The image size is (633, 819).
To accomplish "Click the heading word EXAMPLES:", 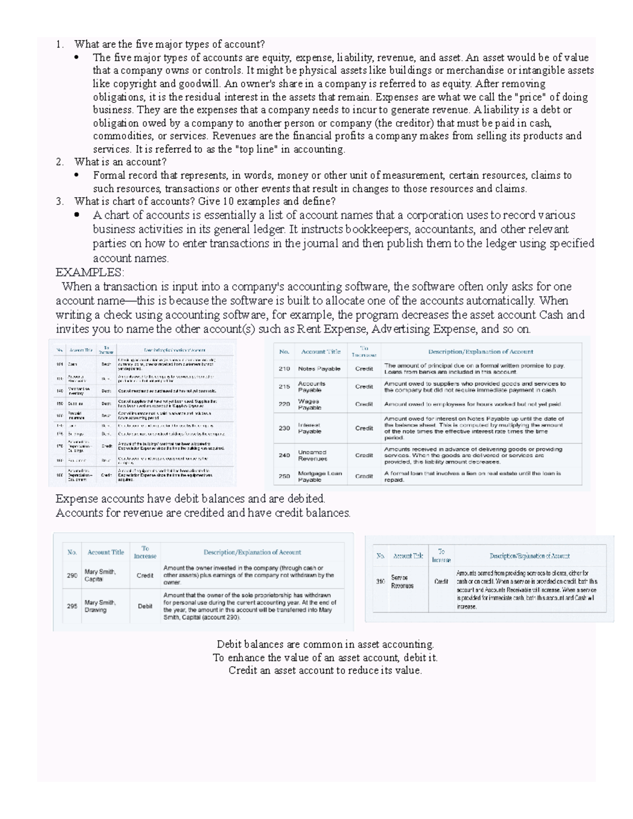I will pos(90,273).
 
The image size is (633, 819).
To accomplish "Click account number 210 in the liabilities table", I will pos(284,369).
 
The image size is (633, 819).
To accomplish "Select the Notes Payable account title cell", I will pos(319,369).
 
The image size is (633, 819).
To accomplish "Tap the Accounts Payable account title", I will pos(312,387).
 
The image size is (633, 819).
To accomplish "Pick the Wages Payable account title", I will pos(309,404).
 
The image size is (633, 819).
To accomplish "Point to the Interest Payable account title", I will pos(310,428).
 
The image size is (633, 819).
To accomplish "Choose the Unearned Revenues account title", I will pos(312,455).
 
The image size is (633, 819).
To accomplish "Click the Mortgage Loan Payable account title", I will pos(320,476).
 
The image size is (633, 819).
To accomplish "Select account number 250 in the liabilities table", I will pos(284,476).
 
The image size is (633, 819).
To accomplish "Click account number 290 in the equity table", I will pos(72,575).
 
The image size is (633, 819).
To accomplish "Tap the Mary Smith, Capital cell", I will pos(100,575).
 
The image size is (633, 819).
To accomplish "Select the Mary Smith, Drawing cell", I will pos(100,606).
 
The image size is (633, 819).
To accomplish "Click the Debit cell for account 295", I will pos(145,606).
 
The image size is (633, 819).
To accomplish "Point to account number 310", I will pos(380,582).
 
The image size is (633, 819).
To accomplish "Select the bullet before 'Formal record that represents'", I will pos(78,175).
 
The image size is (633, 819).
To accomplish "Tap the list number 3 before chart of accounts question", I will pos(60,201).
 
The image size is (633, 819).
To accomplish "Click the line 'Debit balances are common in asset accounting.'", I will pos(325,644).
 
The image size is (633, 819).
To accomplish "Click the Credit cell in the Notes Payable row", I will pos(364,369).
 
